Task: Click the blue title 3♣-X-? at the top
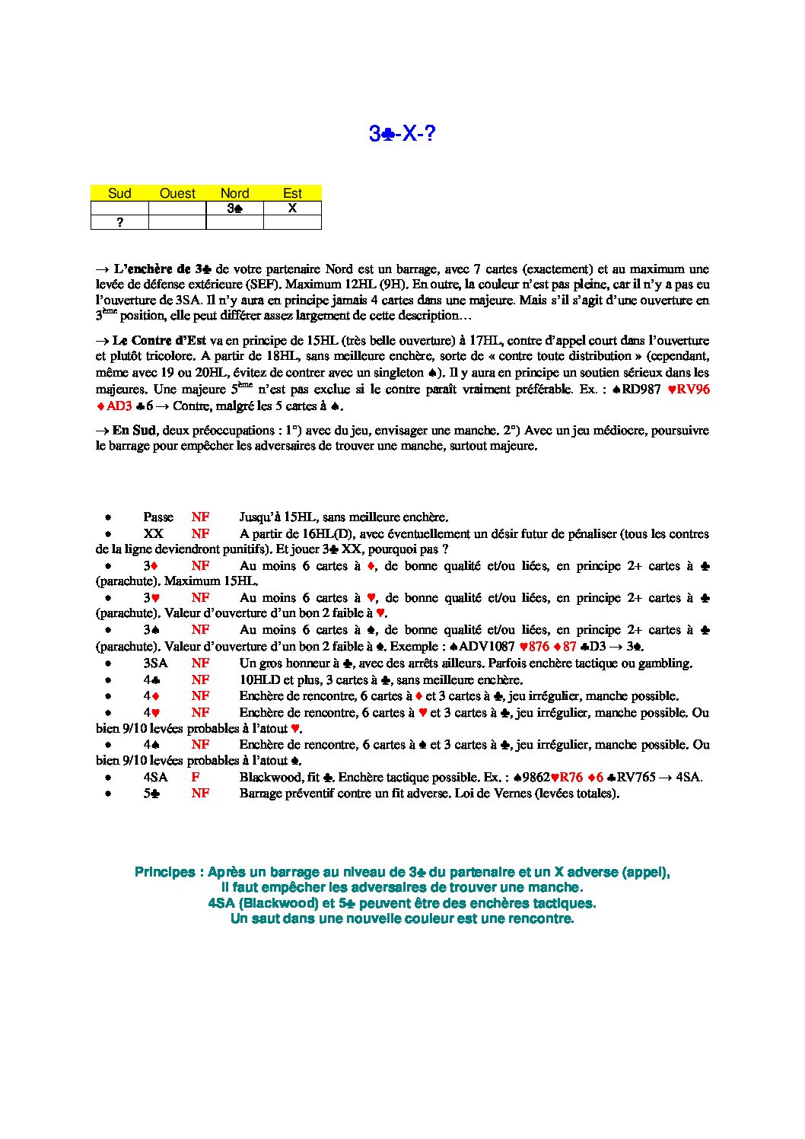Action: (x=402, y=134)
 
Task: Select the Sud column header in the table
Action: (x=119, y=193)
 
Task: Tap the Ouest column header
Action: (x=177, y=193)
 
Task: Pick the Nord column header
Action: (x=235, y=193)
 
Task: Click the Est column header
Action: (x=292, y=193)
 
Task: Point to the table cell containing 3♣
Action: (x=235, y=208)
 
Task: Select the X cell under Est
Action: (x=292, y=208)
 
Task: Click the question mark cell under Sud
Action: (x=119, y=222)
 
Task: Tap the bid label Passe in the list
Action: (x=158, y=517)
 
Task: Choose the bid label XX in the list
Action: (x=153, y=534)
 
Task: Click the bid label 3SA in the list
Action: (x=155, y=663)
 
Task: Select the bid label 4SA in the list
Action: (x=155, y=777)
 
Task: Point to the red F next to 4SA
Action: (x=196, y=777)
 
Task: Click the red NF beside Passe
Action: (x=200, y=517)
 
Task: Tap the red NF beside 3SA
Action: (x=200, y=663)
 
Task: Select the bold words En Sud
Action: (x=134, y=430)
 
